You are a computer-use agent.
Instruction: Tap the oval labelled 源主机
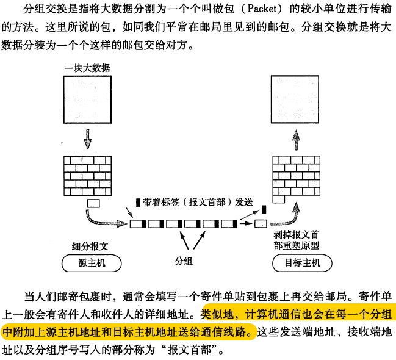coord(92,264)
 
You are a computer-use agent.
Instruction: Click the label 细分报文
coord(90,246)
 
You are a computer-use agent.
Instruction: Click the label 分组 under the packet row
coord(184,261)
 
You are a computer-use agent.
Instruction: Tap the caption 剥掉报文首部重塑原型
coord(297,239)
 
